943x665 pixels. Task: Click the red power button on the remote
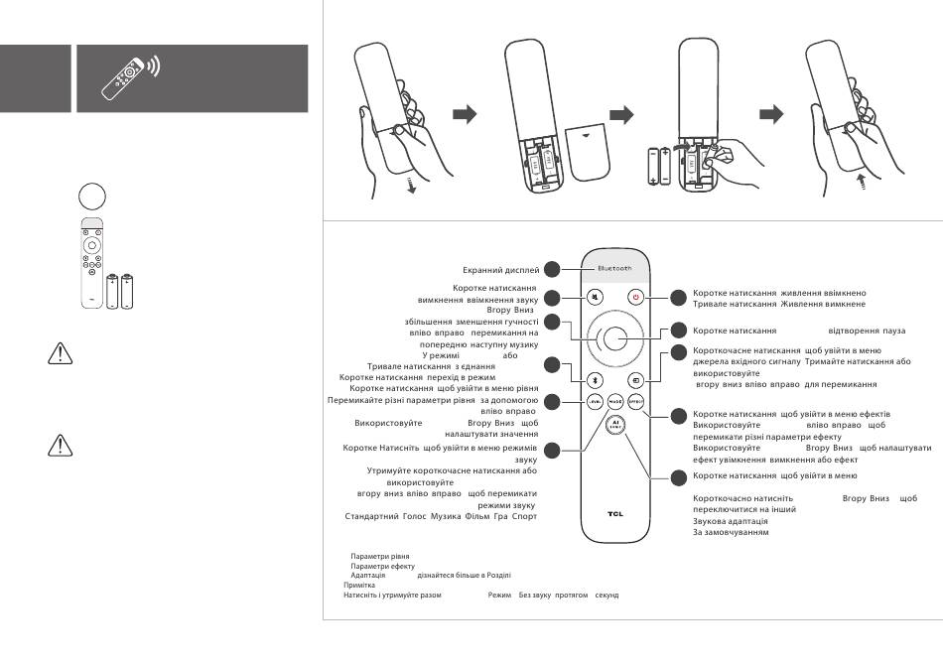(635, 297)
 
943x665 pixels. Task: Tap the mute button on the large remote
(594, 297)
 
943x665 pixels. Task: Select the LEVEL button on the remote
(594, 401)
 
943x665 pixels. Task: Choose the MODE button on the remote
(614, 401)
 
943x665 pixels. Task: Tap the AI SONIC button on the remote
(614, 424)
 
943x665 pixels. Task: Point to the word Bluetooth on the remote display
(613, 269)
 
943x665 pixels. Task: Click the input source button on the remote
(635, 378)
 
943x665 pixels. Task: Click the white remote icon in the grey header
(125, 79)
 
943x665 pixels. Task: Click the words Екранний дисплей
(500, 269)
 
